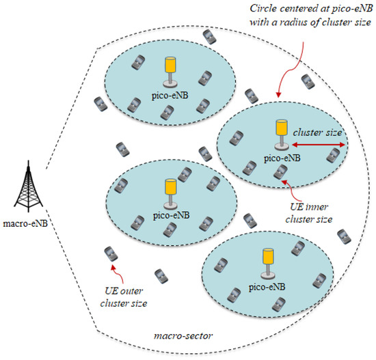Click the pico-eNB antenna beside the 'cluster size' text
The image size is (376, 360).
280,134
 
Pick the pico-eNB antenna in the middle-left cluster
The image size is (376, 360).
168,192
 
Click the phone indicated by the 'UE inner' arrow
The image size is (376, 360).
279,171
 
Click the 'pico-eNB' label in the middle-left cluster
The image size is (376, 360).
168,215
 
